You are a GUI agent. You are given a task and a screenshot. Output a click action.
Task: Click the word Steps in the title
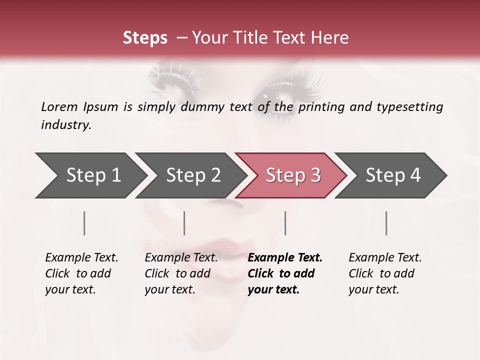[x=145, y=38]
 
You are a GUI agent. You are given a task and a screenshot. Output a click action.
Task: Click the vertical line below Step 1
[x=84, y=223]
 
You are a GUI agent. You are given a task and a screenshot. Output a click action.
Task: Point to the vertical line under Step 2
[x=184, y=223]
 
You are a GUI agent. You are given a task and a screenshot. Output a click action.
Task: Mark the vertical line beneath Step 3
[x=285, y=223]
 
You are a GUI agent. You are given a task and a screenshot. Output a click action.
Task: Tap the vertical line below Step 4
[x=386, y=223]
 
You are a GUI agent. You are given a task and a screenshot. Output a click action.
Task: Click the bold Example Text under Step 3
[x=285, y=273]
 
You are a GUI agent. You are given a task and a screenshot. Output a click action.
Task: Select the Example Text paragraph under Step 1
[x=81, y=273]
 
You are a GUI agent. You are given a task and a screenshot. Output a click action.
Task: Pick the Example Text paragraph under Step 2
[x=181, y=273]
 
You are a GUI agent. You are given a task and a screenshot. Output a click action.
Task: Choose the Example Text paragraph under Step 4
[x=385, y=273]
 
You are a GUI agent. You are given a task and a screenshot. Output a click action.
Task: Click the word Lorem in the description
[x=59, y=106]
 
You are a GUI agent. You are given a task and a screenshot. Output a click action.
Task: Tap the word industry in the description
[x=65, y=125]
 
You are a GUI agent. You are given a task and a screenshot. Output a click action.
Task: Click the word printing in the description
[x=322, y=107]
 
